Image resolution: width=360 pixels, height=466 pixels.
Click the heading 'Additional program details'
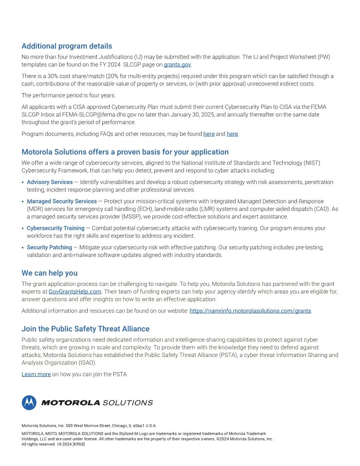67,46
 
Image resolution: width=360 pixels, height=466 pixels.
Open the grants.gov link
177,64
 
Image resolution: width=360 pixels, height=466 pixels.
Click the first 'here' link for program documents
209,134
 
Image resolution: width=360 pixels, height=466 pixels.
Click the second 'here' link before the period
232,134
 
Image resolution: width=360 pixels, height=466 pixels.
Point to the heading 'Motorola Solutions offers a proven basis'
125,152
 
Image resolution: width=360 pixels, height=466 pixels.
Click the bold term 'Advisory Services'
50,182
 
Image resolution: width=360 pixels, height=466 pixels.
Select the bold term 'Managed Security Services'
62,201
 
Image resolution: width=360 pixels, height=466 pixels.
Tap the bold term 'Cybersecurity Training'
56,228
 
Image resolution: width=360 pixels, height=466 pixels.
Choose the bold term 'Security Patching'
49,248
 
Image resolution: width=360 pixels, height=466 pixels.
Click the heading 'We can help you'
49,273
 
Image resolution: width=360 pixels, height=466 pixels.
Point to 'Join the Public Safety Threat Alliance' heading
86,329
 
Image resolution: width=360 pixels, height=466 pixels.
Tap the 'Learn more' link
36,374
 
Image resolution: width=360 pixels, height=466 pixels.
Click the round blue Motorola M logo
29,402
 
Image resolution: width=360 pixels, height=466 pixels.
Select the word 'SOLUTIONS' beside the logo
127,402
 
